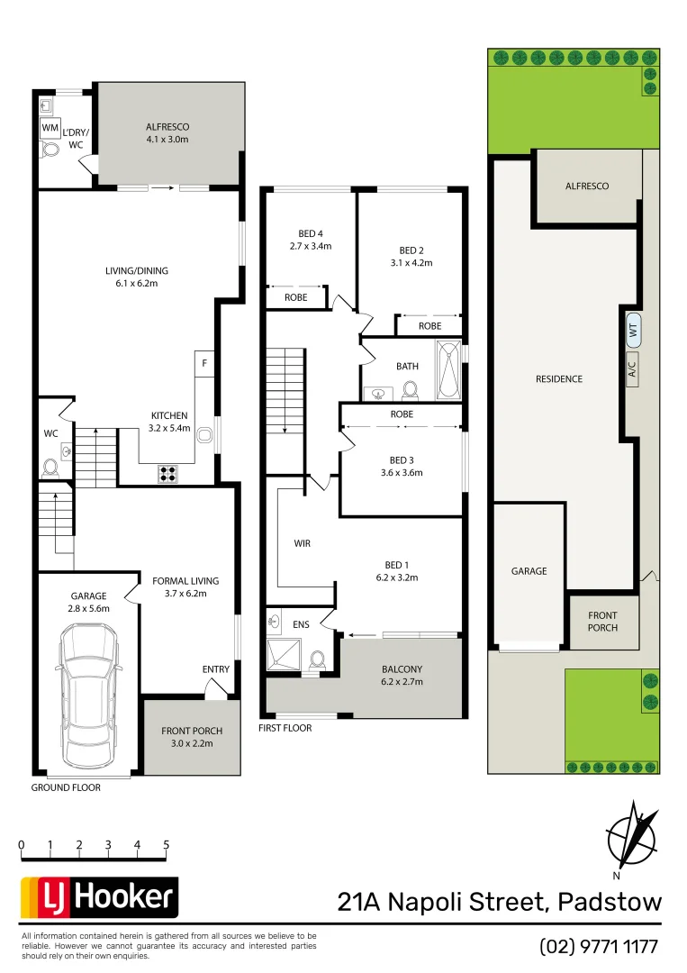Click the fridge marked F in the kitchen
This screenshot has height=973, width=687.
coord(204,363)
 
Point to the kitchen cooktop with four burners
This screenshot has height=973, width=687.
coord(168,471)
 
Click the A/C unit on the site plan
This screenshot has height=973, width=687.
coord(631,368)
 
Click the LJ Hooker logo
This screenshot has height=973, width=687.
coord(100,897)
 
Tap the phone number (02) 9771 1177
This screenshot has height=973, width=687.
coord(599,947)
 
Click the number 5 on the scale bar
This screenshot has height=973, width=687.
coord(167,845)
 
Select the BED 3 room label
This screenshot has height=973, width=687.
coord(402,466)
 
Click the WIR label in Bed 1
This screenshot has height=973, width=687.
coord(303,544)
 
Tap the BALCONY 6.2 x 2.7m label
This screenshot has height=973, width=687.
coord(402,675)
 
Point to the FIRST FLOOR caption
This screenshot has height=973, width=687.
coord(285,727)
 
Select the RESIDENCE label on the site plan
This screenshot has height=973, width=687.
coord(559,379)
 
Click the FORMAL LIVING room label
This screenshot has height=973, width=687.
coord(185,587)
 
